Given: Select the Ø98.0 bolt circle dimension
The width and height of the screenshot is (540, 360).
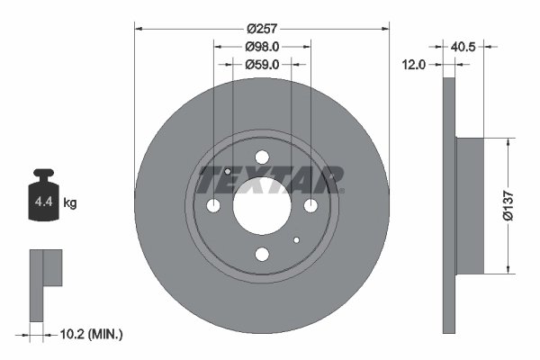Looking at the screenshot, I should (x=262, y=47).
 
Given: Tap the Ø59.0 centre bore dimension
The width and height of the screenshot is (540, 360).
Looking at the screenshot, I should (x=262, y=64).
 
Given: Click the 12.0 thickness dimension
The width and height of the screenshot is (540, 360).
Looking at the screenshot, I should (x=415, y=64).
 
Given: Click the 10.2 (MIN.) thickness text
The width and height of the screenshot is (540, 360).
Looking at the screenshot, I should (x=90, y=334).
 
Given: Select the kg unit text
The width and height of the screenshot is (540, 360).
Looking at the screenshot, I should (x=70, y=203).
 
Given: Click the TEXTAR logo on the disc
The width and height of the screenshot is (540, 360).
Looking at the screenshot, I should (x=270, y=180).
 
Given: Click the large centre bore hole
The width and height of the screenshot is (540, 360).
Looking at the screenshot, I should (x=262, y=207).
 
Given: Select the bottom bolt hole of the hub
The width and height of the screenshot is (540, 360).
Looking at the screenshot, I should (x=262, y=256).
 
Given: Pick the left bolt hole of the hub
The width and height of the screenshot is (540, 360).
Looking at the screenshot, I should (x=213, y=207).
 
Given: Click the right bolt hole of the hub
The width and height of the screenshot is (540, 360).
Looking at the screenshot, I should (x=310, y=207).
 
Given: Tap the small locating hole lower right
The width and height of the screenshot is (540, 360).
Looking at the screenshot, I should (x=296, y=240).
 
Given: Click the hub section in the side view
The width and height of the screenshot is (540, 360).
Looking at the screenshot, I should (x=471, y=205).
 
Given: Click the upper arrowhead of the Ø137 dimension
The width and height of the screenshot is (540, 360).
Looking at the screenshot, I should (x=510, y=142).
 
